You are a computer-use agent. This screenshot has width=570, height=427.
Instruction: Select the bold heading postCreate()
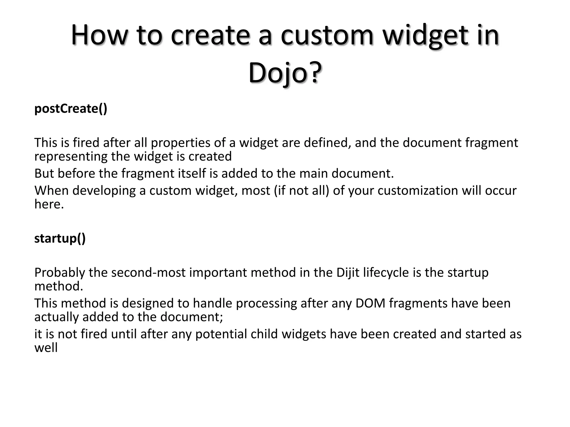pos(71,108)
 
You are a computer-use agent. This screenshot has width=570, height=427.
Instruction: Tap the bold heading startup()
pos(60,238)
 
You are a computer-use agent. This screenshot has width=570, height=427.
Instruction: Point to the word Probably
pos(60,272)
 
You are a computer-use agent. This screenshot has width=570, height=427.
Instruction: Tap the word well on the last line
pos(46,348)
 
